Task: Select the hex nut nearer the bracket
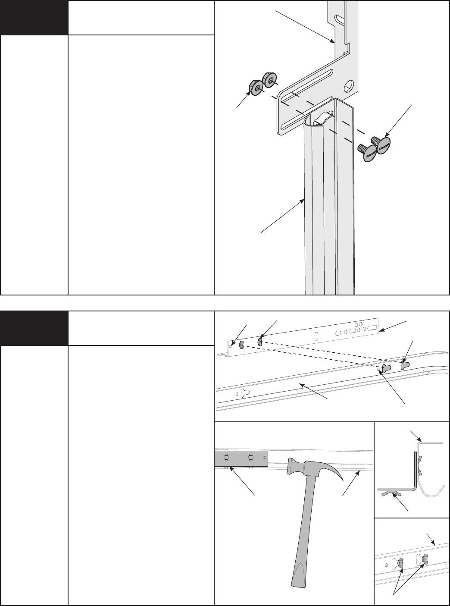click(x=271, y=80)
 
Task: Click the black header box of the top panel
click(x=34, y=18)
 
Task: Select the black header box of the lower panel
click(x=34, y=328)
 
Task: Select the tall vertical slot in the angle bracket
click(x=317, y=336)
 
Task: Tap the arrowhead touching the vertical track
click(x=305, y=199)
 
